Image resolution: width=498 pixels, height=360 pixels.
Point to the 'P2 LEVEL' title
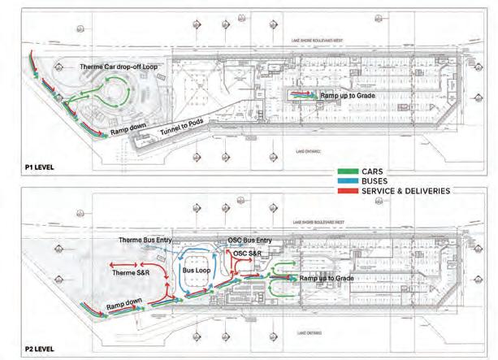pyautogui.click(x=22, y=349)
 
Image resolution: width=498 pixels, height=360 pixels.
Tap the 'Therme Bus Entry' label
pyautogui.click(x=145, y=241)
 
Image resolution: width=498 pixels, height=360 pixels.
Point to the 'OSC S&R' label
pyautogui.click(x=249, y=254)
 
